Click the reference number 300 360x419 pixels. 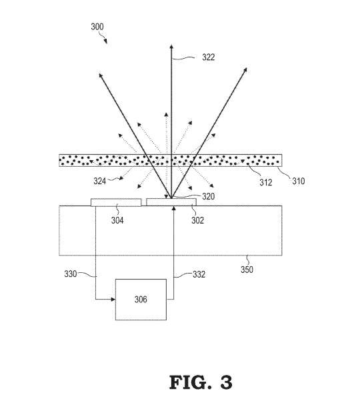[x=97, y=27]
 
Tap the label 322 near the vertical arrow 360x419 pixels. [x=208, y=57]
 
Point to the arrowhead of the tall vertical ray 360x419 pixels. [x=171, y=47]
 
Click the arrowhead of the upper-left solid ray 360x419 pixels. [x=101, y=75]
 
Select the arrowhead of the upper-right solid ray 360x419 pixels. [x=245, y=71]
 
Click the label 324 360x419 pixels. [x=99, y=181]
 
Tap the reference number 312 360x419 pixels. [x=266, y=183]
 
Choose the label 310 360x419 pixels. [x=298, y=181]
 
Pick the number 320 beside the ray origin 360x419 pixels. [x=208, y=196]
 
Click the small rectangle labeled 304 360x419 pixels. [x=116, y=202]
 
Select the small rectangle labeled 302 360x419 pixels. [x=171, y=202]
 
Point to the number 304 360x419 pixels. [x=117, y=220]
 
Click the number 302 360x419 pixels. [x=197, y=220]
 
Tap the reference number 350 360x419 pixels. [x=247, y=270]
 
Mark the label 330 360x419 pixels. [x=71, y=274]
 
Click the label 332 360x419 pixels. [x=199, y=274]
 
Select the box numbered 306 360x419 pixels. [x=141, y=300]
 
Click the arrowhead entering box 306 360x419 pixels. [x=113, y=300]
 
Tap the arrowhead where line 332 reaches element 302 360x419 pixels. [x=173, y=208]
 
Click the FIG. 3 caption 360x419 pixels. [x=201, y=382]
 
